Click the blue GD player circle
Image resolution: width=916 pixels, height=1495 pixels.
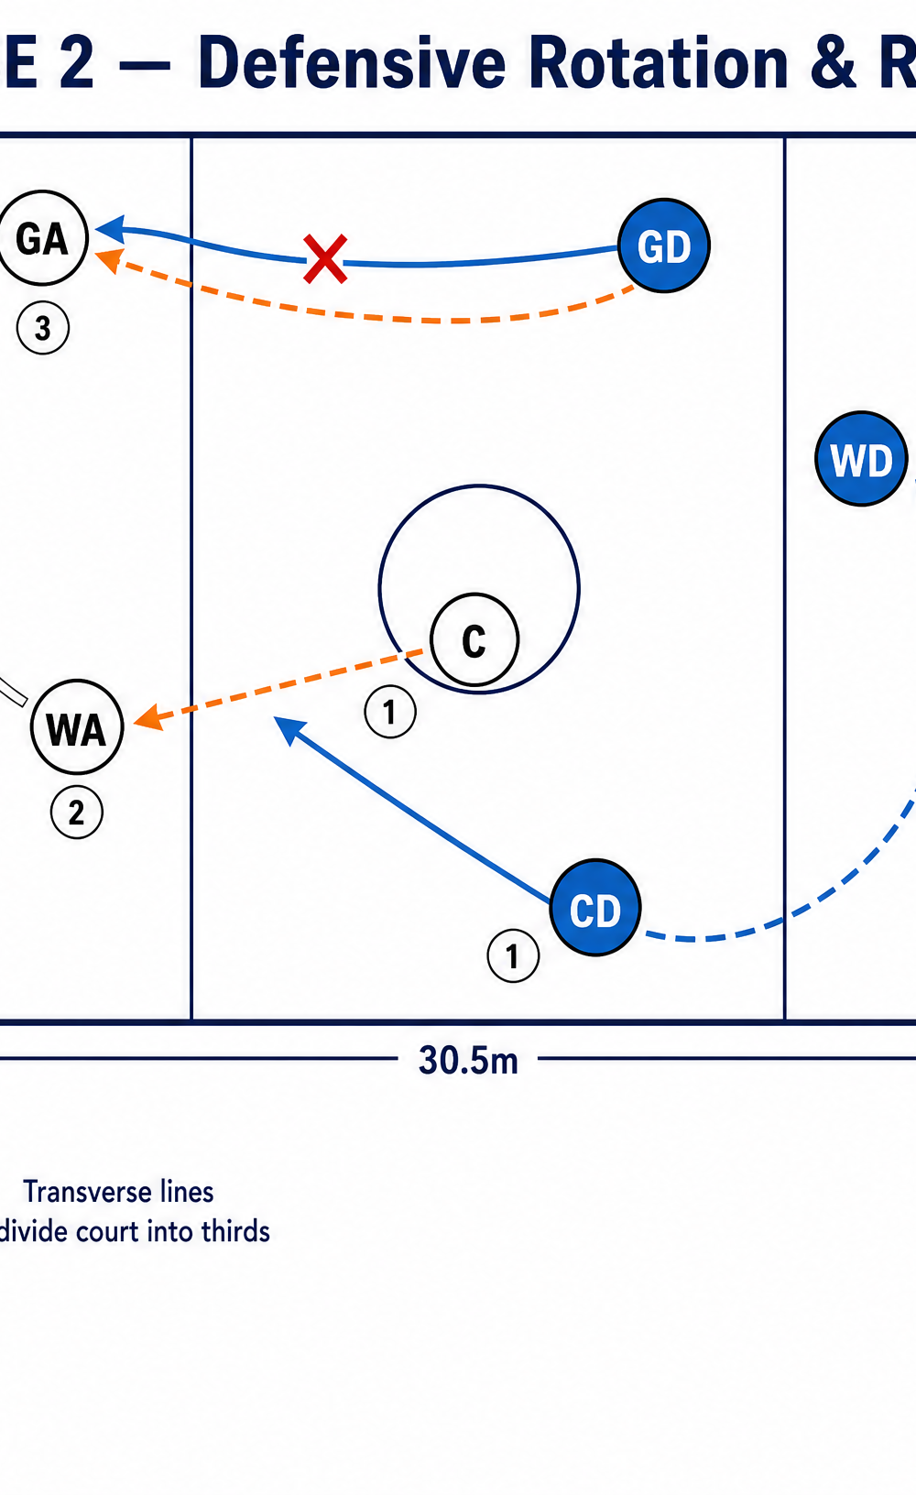[664, 246]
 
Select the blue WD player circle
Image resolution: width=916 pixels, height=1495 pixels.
[861, 459]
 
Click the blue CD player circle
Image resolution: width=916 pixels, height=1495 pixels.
[595, 908]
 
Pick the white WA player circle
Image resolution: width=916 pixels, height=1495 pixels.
[77, 726]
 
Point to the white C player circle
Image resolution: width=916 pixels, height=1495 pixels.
[474, 640]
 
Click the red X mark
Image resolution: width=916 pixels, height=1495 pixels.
[325, 258]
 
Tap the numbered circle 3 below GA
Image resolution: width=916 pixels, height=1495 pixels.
[43, 328]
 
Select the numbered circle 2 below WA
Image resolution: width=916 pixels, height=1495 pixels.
[77, 813]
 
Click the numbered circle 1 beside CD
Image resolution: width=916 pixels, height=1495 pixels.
[513, 955]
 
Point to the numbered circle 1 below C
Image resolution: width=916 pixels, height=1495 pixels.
[390, 712]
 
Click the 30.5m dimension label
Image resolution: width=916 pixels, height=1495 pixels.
[468, 1060]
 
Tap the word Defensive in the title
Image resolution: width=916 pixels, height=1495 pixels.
[351, 63]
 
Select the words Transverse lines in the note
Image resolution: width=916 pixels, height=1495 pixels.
[118, 1192]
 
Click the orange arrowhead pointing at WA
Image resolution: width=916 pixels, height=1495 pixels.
[148, 717]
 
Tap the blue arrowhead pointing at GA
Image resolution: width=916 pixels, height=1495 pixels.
[111, 230]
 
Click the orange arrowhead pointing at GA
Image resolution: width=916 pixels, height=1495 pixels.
[110, 259]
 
